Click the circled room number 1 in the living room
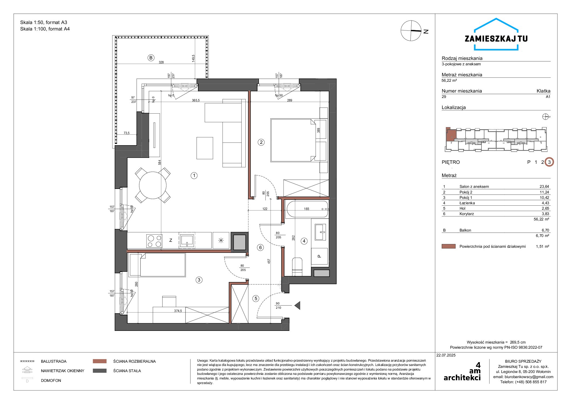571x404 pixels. click(194, 176)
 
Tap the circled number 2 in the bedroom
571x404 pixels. click(261, 142)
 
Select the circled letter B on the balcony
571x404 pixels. click(151, 57)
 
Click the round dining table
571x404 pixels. click(153, 185)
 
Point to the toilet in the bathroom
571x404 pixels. click(297, 267)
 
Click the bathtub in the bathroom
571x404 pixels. click(307, 209)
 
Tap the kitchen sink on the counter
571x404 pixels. click(187, 240)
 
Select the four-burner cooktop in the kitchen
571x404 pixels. click(154, 241)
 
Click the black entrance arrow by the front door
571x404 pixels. click(297, 305)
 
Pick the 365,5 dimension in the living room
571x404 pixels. click(196, 100)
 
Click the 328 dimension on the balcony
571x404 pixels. click(161, 62)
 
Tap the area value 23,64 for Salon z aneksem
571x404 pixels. click(544, 186)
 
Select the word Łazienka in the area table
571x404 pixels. click(467, 203)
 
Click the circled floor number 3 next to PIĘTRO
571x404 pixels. click(549, 162)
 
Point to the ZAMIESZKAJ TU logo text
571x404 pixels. click(496, 39)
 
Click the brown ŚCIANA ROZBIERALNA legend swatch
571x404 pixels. click(100, 361)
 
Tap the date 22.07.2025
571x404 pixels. click(446, 355)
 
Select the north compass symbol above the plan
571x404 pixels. click(411, 31)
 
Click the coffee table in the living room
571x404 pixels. click(205, 148)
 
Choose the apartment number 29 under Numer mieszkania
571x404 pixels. click(444, 97)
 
